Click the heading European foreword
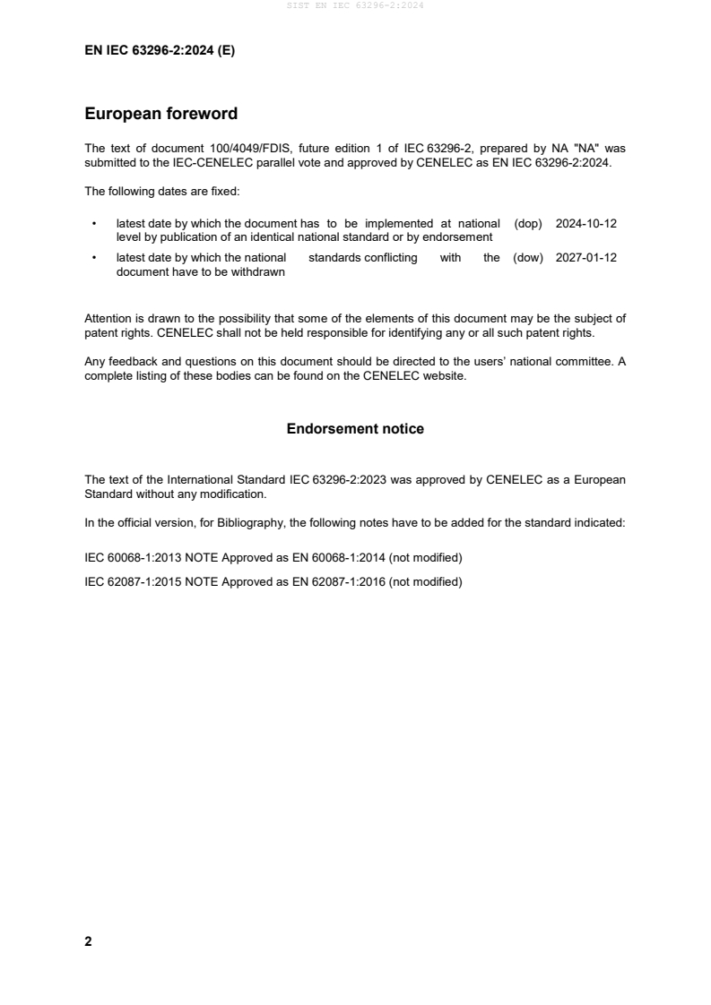(x=160, y=114)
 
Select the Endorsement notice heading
(x=355, y=429)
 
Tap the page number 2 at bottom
(x=88, y=941)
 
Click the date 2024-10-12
(x=586, y=224)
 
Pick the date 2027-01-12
(x=586, y=258)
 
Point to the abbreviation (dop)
(x=528, y=224)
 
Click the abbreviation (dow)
(x=528, y=258)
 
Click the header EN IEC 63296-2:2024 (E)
(x=160, y=51)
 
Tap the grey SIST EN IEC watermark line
(x=355, y=5)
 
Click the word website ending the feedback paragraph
(x=445, y=376)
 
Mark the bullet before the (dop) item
(x=95, y=224)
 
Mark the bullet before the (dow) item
(x=95, y=258)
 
